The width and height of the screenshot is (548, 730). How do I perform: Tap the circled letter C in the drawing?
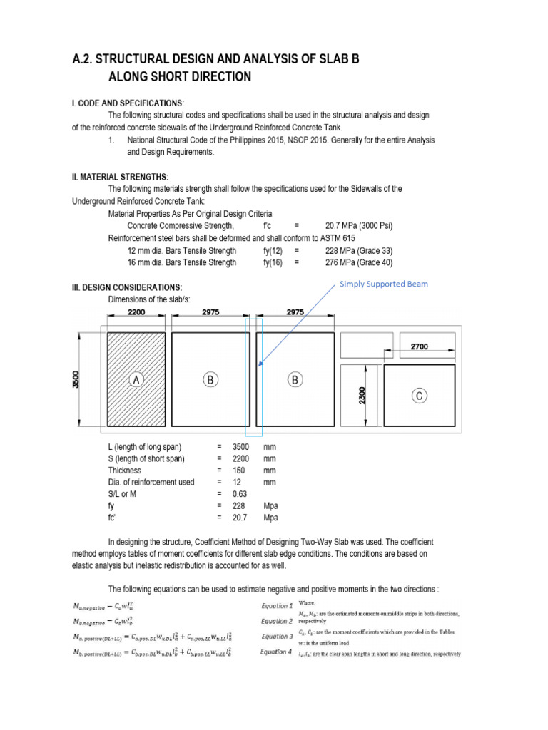point(419,395)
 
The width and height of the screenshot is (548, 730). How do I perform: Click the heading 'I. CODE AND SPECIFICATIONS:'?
point(127,103)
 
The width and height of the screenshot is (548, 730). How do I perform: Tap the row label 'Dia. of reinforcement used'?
point(151,482)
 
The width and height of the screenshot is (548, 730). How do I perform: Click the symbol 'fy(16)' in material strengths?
point(273,262)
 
